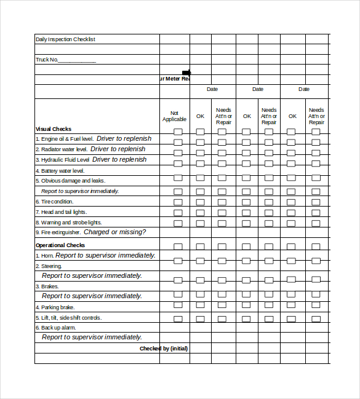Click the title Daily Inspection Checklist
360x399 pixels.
tap(65, 39)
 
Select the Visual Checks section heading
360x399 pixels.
tap(54, 129)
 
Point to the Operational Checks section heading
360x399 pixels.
tap(60, 245)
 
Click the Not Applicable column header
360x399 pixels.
tap(174, 116)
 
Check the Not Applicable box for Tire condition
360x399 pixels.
tap(178, 202)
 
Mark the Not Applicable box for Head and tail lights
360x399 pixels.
tap(178, 212)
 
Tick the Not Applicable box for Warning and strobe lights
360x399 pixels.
tap(178, 223)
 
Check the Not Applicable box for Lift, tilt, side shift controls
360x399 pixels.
tap(178, 318)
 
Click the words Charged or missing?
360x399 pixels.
tap(114, 232)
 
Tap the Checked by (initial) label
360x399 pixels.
tap(164, 349)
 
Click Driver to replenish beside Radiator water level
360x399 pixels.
tap(118, 149)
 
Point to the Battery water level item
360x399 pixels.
tap(60, 171)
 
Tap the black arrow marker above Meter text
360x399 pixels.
tap(186, 73)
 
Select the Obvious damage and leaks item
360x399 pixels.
tap(70, 181)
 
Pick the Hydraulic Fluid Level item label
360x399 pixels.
tap(62, 160)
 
